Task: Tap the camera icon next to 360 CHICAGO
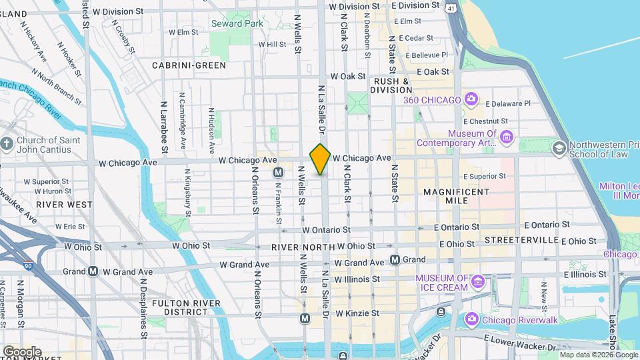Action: coord(471,99)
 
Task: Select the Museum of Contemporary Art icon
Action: coord(507,137)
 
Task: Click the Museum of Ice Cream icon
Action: coord(477,282)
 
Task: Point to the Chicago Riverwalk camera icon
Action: coord(471,320)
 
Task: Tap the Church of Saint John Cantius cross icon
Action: coord(7,144)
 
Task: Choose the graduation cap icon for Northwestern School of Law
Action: coord(559,148)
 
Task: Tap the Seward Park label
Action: coord(237,23)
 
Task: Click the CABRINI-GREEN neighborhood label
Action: coord(189,65)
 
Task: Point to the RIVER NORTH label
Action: coord(303,247)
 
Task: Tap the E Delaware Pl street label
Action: coord(507,103)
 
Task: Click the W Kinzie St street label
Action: coord(357,313)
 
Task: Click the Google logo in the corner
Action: coord(22,351)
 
